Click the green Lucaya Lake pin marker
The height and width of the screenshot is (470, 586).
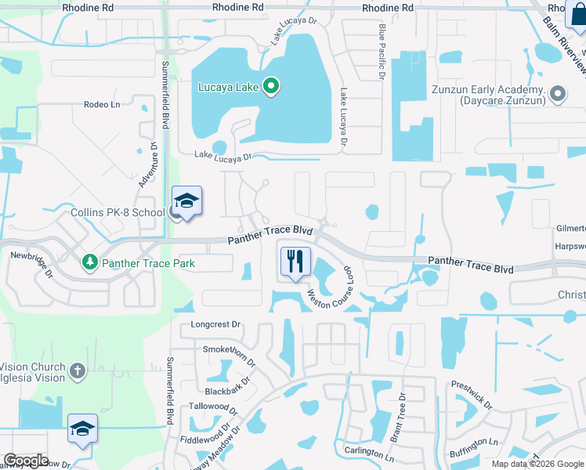click(271, 85)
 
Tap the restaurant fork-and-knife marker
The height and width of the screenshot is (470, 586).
click(295, 261)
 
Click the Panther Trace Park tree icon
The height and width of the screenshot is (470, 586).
click(92, 261)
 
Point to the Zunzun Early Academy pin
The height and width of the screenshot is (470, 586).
click(558, 95)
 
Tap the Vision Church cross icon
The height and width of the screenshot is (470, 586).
click(77, 371)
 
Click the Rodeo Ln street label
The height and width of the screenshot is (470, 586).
click(102, 104)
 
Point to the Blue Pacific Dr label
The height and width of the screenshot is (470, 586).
click(382, 52)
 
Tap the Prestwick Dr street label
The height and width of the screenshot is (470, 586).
click(471, 396)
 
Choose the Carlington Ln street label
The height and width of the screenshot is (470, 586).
click(368, 454)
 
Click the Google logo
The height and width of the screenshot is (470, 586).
click(26, 460)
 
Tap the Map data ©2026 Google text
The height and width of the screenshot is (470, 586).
click(537, 464)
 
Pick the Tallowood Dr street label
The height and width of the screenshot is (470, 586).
click(212, 407)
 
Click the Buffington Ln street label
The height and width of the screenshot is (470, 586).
click(475, 443)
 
